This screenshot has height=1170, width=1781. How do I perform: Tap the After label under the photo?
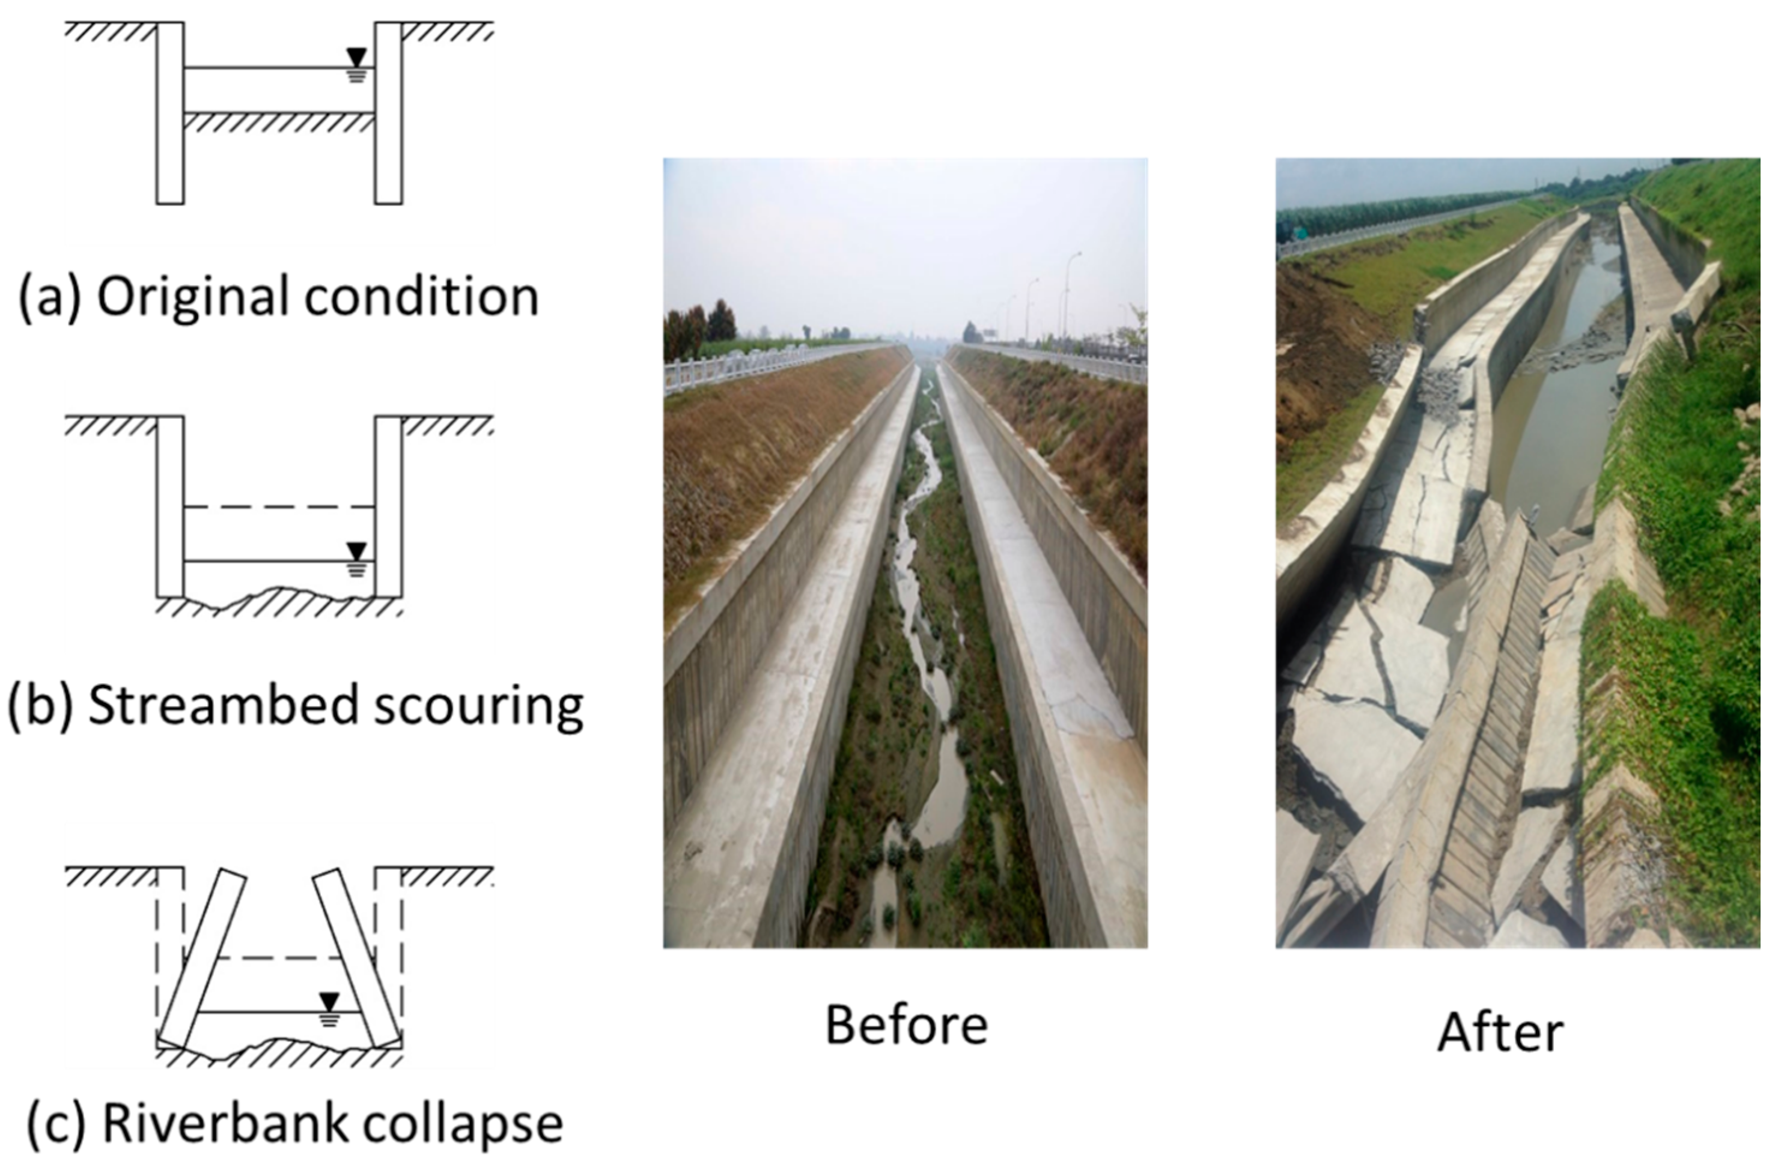1500,1033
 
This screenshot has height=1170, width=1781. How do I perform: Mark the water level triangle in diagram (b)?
356,551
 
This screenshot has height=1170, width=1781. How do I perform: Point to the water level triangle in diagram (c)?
329,1002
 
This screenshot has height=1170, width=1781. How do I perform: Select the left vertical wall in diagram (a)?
170,112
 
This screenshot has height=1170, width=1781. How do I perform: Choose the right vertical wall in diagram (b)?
388,506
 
